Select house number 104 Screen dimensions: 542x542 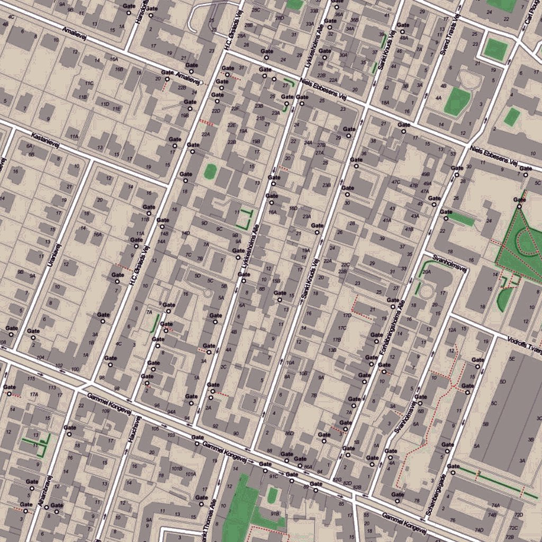click(x=40, y=358)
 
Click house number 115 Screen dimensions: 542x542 click(x=31, y=378)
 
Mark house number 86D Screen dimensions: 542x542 click(x=289, y=433)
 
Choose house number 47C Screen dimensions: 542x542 click(x=395, y=182)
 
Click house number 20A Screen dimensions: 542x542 click(x=427, y=272)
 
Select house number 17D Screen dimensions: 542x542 click(x=347, y=315)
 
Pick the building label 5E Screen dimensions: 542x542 click(x=512, y=359)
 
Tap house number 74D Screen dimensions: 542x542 click(x=479, y=530)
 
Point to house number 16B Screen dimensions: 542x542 click(x=119, y=69)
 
